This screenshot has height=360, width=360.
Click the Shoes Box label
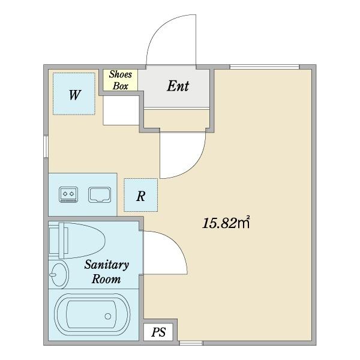click(121, 80)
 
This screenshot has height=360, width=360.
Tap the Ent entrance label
click(178, 86)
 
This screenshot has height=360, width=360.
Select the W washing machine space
click(74, 94)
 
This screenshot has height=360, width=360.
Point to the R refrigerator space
click(141, 195)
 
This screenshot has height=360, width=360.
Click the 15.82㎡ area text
click(226, 223)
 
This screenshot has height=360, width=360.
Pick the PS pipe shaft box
click(158, 332)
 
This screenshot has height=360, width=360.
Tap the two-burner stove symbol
click(68, 194)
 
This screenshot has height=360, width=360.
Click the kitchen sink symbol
click(100, 194)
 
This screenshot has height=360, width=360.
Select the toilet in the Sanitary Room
click(77, 241)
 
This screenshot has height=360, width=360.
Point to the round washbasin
click(59, 274)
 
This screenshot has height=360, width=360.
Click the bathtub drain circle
click(108, 316)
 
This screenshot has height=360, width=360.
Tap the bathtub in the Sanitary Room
click(92, 315)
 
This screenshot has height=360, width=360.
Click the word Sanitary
click(107, 265)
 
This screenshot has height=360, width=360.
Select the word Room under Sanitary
click(106, 279)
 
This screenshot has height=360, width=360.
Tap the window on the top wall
click(265, 67)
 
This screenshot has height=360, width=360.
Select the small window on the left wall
click(46, 147)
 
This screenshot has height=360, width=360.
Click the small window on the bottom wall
click(191, 343)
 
